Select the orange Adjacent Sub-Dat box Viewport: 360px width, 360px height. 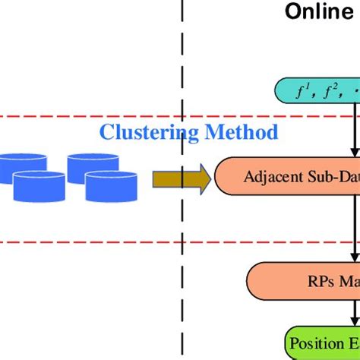coord(289,177)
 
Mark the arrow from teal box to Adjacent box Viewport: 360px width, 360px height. coord(353,132)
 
